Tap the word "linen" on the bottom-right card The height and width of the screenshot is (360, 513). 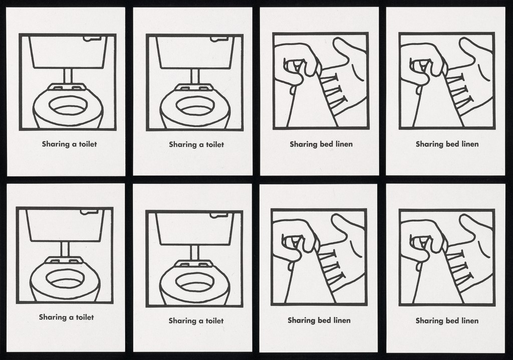coord(470,320)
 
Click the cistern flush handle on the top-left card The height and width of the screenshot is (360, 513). coord(92,39)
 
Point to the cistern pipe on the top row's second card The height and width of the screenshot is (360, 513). coord(195,76)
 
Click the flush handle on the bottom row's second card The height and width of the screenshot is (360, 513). coord(218,216)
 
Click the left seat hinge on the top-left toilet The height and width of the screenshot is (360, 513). coord(58,88)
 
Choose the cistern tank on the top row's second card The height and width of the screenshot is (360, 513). coord(196,53)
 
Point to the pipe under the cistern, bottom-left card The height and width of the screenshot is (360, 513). coord(65,250)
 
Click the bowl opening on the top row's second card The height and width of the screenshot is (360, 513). coord(195,105)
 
